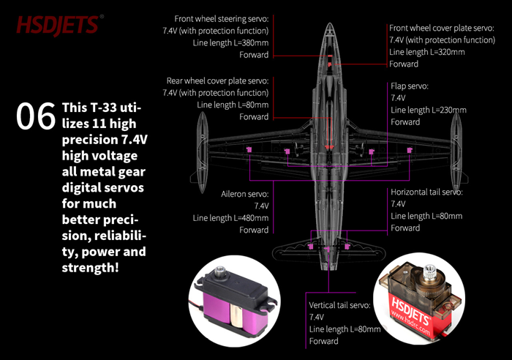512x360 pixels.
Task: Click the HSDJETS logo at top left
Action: pos(57,26)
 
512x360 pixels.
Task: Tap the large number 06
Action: pos(36,119)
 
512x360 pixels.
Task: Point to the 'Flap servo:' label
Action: pos(410,86)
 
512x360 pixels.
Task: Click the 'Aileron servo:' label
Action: pos(245,195)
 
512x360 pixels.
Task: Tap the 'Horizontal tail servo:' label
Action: pos(426,192)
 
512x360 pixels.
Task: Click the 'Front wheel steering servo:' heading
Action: pos(221,18)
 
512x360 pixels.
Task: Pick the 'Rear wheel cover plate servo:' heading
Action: pos(217,80)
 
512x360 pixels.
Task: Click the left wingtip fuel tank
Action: pos(197,146)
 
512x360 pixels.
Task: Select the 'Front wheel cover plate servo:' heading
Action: pos(442,28)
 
